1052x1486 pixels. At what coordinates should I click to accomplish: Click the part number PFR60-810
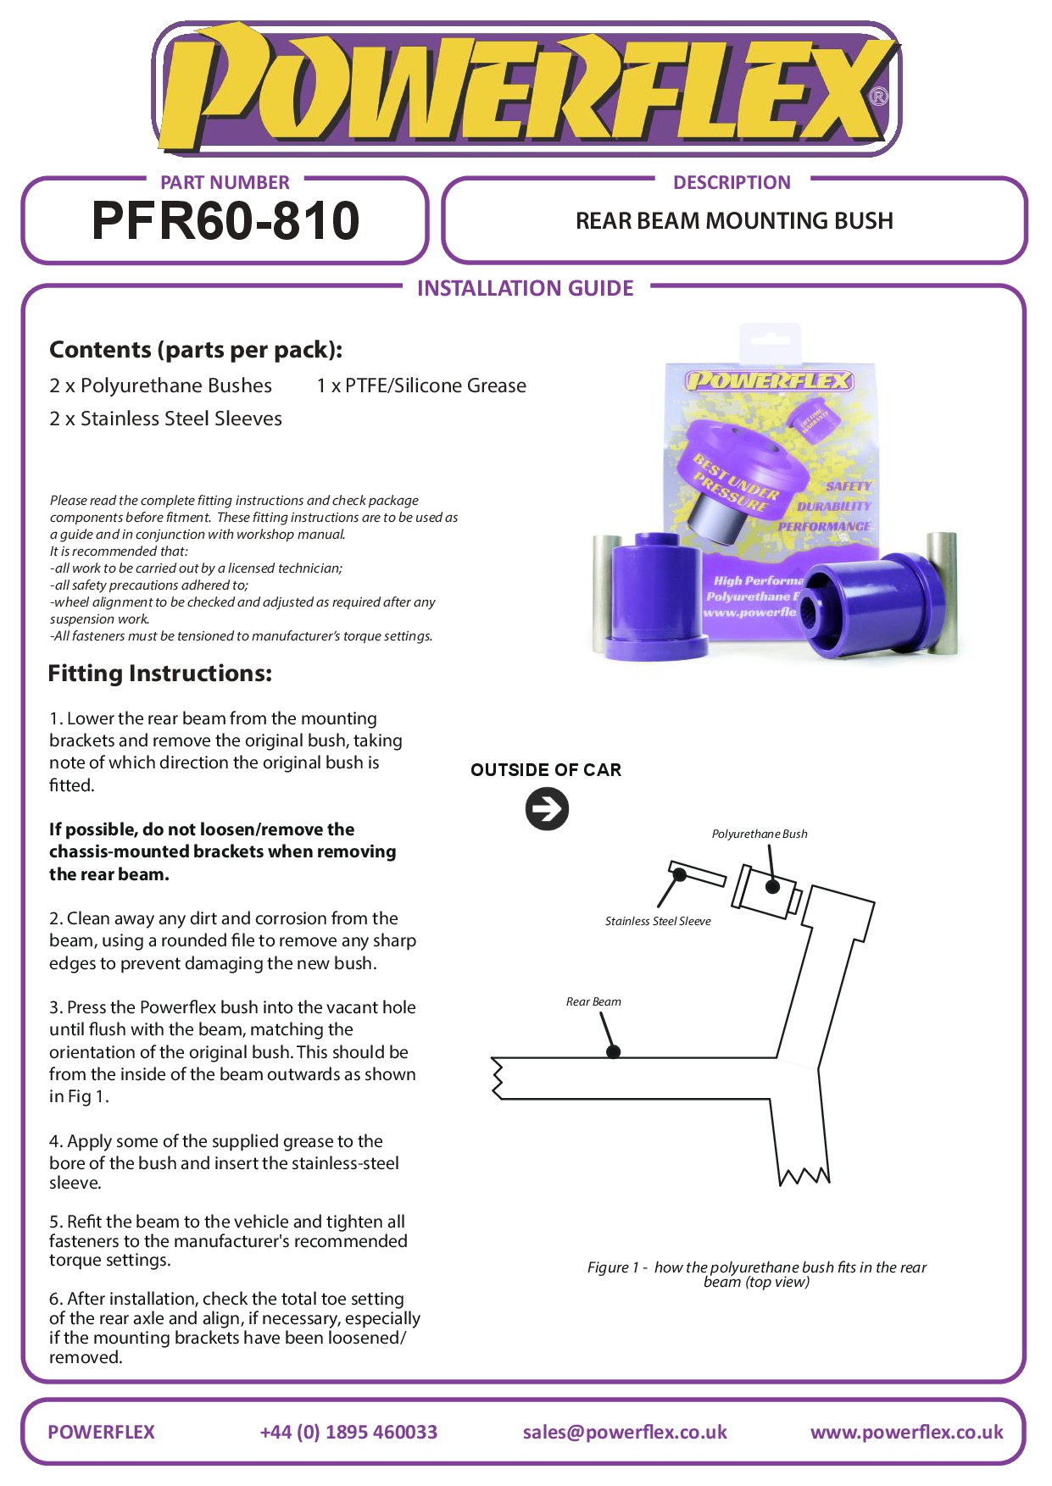click(225, 221)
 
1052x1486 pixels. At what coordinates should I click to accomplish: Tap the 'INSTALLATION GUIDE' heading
click(525, 289)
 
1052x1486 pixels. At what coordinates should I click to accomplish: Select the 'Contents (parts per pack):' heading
click(196, 350)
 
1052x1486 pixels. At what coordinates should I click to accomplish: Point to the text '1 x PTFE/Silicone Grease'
click(421, 386)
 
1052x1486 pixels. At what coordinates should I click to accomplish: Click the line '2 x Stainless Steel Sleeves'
click(165, 419)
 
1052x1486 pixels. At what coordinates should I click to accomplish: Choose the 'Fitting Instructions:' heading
click(160, 674)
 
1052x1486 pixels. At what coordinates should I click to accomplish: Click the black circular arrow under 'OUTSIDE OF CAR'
click(547, 808)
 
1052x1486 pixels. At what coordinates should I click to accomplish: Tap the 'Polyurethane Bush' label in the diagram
click(760, 834)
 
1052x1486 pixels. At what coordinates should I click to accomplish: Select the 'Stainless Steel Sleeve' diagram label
click(658, 921)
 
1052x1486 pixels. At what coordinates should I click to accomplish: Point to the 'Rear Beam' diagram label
click(593, 1001)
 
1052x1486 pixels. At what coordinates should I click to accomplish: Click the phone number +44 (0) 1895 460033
click(348, 1432)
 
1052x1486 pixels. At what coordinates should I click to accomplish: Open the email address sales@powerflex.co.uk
click(625, 1432)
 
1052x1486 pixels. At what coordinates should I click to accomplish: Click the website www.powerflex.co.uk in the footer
click(906, 1432)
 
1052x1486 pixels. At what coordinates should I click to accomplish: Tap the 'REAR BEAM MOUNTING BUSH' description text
click(734, 221)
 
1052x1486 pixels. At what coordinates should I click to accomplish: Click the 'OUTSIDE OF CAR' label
click(546, 770)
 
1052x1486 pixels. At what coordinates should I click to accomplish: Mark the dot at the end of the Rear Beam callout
click(614, 1051)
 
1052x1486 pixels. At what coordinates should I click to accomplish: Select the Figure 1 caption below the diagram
click(756, 1274)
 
